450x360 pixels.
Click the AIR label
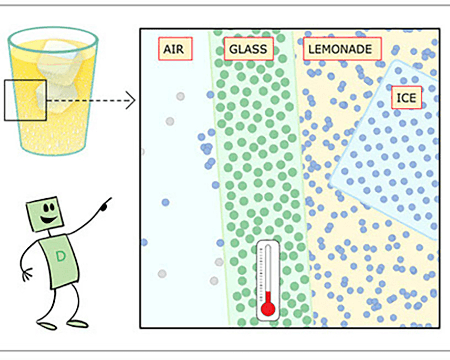(x=175, y=49)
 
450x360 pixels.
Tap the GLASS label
(x=249, y=49)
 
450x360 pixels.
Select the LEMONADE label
(x=342, y=49)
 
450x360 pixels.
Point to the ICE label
(x=406, y=98)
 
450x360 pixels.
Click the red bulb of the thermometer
(x=268, y=309)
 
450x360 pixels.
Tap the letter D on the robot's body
(x=60, y=256)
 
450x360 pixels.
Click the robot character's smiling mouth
(x=48, y=220)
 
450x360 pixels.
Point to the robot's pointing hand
(x=106, y=204)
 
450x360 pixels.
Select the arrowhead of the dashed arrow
(x=131, y=100)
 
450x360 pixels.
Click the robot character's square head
(x=45, y=214)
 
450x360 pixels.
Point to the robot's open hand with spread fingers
(x=27, y=274)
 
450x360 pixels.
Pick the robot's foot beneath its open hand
(x=47, y=325)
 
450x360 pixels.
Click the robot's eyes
(x=49, y=208)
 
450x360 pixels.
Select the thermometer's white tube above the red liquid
(x=268, y=268)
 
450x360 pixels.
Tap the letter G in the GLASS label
(x=233, y=49)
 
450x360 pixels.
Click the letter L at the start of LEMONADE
(x=311, y=49)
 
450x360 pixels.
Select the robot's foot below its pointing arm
(x=77, y=323)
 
